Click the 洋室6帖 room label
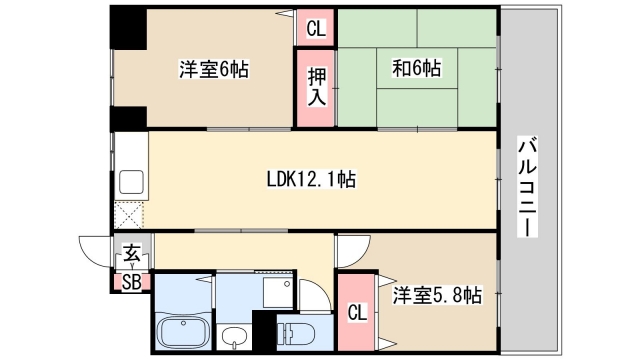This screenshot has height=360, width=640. pos(214,70)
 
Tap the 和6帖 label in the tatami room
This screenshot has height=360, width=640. pos(416,70)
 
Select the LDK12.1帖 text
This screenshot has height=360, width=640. pos(310,180)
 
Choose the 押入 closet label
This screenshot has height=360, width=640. pos(315,88)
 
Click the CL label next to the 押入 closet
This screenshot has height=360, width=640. pos(315,29)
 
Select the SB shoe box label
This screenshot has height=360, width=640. pos(132,281)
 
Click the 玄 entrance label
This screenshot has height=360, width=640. pos(132,254)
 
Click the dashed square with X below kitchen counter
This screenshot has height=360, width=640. pos(130,216)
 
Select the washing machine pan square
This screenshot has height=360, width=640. pos(273,290)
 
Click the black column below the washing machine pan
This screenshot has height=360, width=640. pos(264,331)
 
